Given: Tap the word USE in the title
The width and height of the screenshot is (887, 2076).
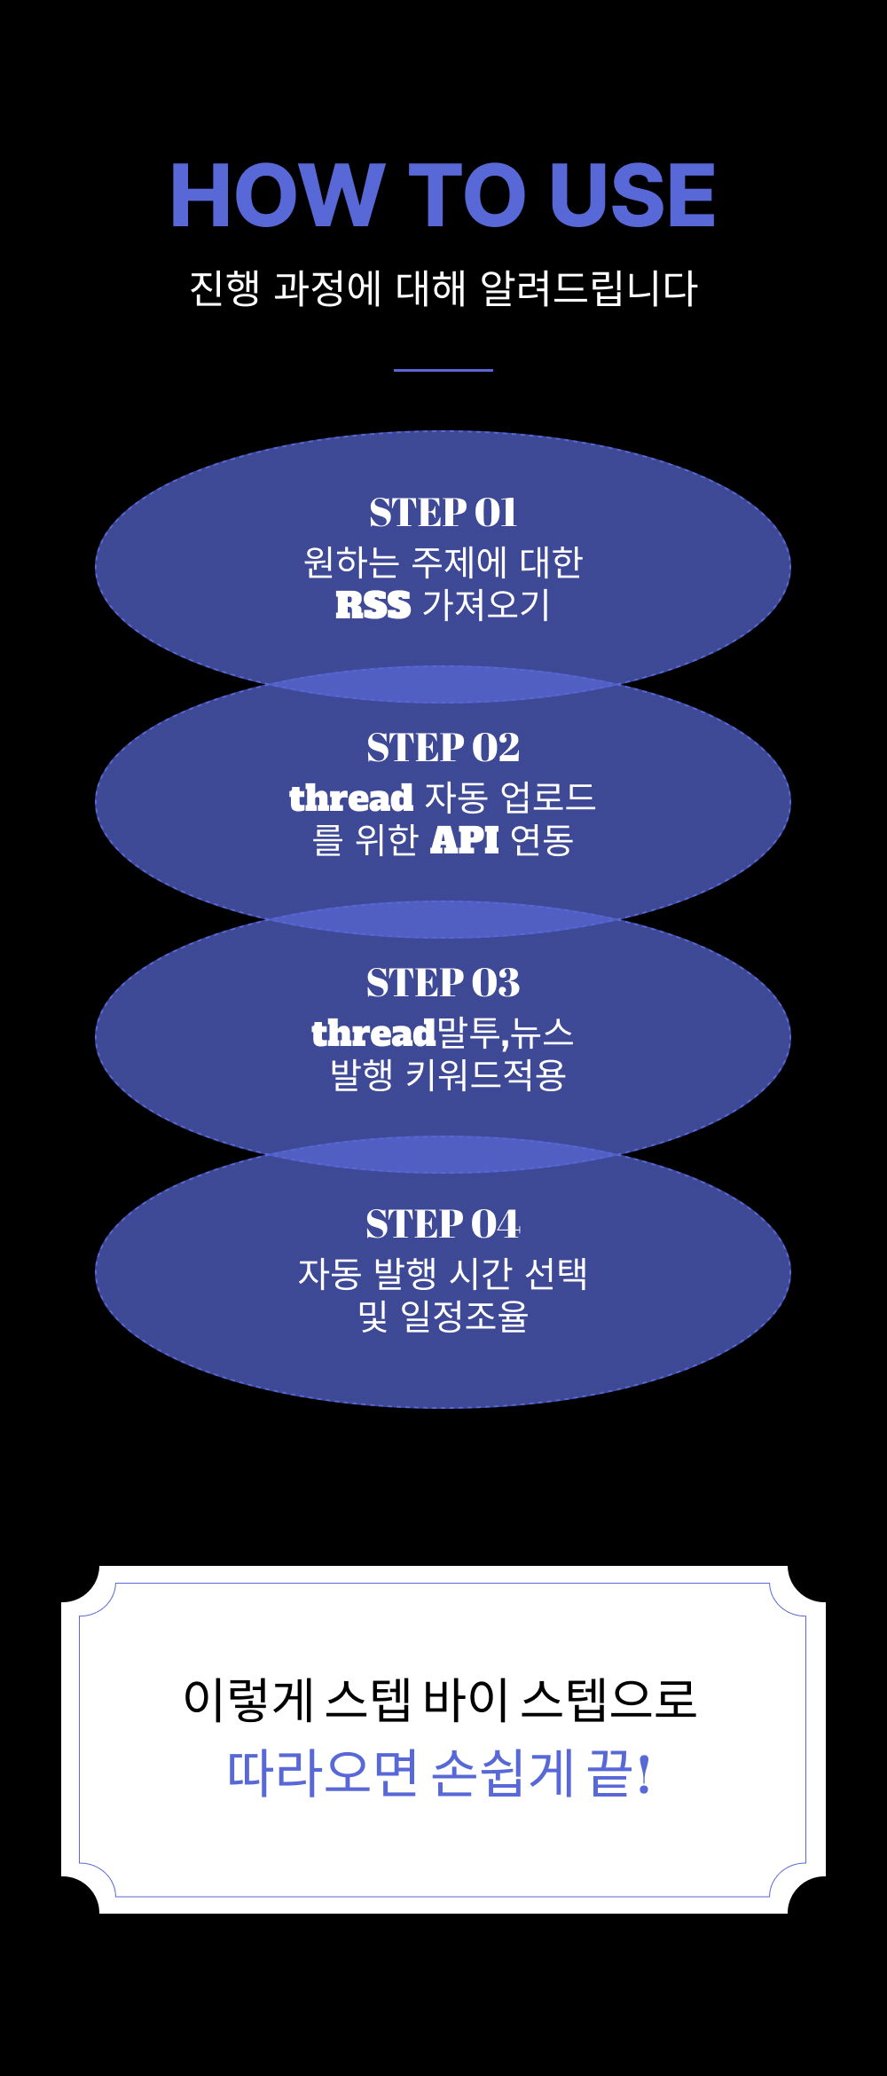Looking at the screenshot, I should (632, 195).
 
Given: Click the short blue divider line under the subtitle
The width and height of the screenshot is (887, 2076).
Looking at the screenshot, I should (443, 370).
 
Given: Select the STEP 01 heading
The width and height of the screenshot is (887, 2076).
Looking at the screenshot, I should (443, 512).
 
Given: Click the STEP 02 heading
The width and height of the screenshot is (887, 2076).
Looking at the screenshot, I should (443, 747).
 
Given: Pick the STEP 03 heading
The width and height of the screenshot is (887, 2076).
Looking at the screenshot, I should (443, 982).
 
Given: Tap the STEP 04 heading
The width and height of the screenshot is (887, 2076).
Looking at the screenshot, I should (443, 1223).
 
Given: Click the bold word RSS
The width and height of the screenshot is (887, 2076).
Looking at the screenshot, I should (373, 605).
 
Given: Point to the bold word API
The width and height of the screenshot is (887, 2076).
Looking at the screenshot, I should (465, 839).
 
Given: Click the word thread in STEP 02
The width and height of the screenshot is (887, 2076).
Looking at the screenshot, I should (351, 798).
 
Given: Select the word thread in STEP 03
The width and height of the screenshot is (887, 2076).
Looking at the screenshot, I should (373, 1033).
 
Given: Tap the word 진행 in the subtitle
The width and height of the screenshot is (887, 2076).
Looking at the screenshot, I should (224, 288).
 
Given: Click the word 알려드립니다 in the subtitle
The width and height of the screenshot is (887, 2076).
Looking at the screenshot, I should (589, 288).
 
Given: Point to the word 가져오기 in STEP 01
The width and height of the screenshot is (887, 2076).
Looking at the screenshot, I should (486, 605).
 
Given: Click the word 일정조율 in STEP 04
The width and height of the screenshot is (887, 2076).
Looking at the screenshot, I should (464, 1316).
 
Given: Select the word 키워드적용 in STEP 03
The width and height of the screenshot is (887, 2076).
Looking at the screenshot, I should (486, 1074).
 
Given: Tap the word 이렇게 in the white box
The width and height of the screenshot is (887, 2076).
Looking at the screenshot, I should (248, 1700).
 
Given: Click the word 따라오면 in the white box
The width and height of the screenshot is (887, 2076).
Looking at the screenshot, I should (322, 1773).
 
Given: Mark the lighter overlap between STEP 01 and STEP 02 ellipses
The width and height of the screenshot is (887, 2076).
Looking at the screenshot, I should (443, 685).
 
